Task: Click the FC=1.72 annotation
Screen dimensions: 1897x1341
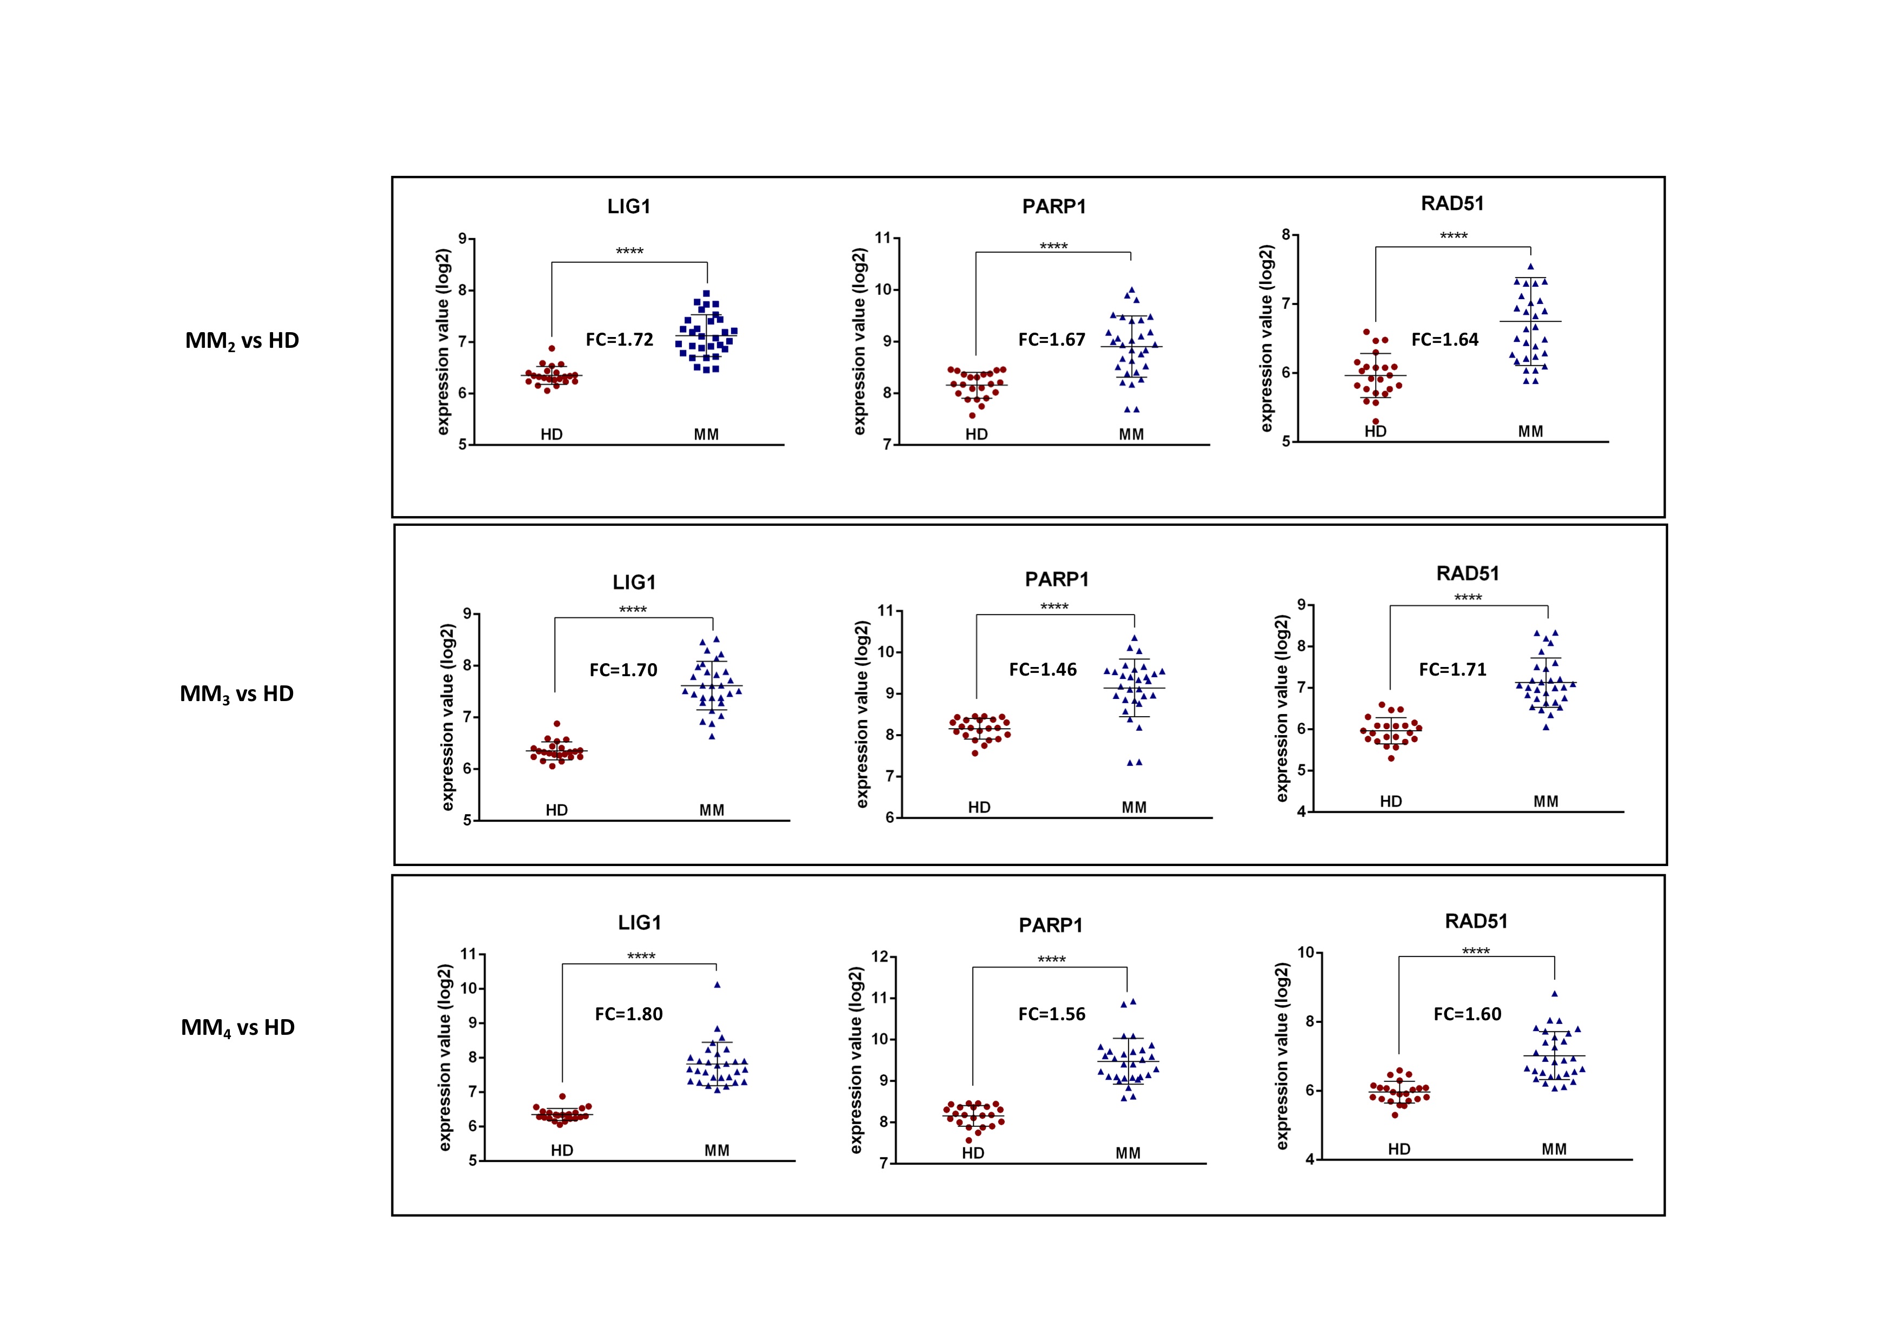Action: [x=620, y=340]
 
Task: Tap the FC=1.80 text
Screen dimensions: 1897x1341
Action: [x=629, y=1014]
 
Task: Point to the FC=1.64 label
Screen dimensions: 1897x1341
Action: [x=1445, y=340]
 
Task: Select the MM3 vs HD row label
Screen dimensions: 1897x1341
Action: [x=237, y=694]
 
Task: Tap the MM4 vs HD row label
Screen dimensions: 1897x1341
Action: [x=238, y=1028]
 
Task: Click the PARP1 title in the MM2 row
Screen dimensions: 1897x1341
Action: [x=1054, y=207]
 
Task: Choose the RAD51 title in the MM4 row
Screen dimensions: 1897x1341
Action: [x=1476, y=921]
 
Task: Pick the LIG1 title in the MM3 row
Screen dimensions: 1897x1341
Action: [x=634, y=583]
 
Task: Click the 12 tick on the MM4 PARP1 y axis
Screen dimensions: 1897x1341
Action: [x=880, y=957]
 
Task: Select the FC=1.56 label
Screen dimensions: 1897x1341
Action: [x=1052, y=1014]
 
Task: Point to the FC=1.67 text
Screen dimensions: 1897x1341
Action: [x=1052, y=340]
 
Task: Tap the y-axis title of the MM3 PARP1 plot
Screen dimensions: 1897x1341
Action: [x=863, y=715]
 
